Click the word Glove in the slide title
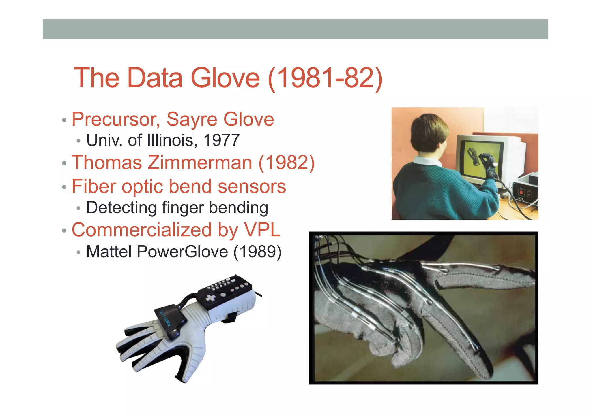pos(225,78)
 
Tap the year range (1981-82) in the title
pos(325,78)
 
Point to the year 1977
pos(221,140)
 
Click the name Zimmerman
pos(200,163)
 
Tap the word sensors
pos(252,186)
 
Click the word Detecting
pos(121,207)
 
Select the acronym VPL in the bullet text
pos(262,230)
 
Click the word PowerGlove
pos(182,252)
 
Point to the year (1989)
pos(257,252)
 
